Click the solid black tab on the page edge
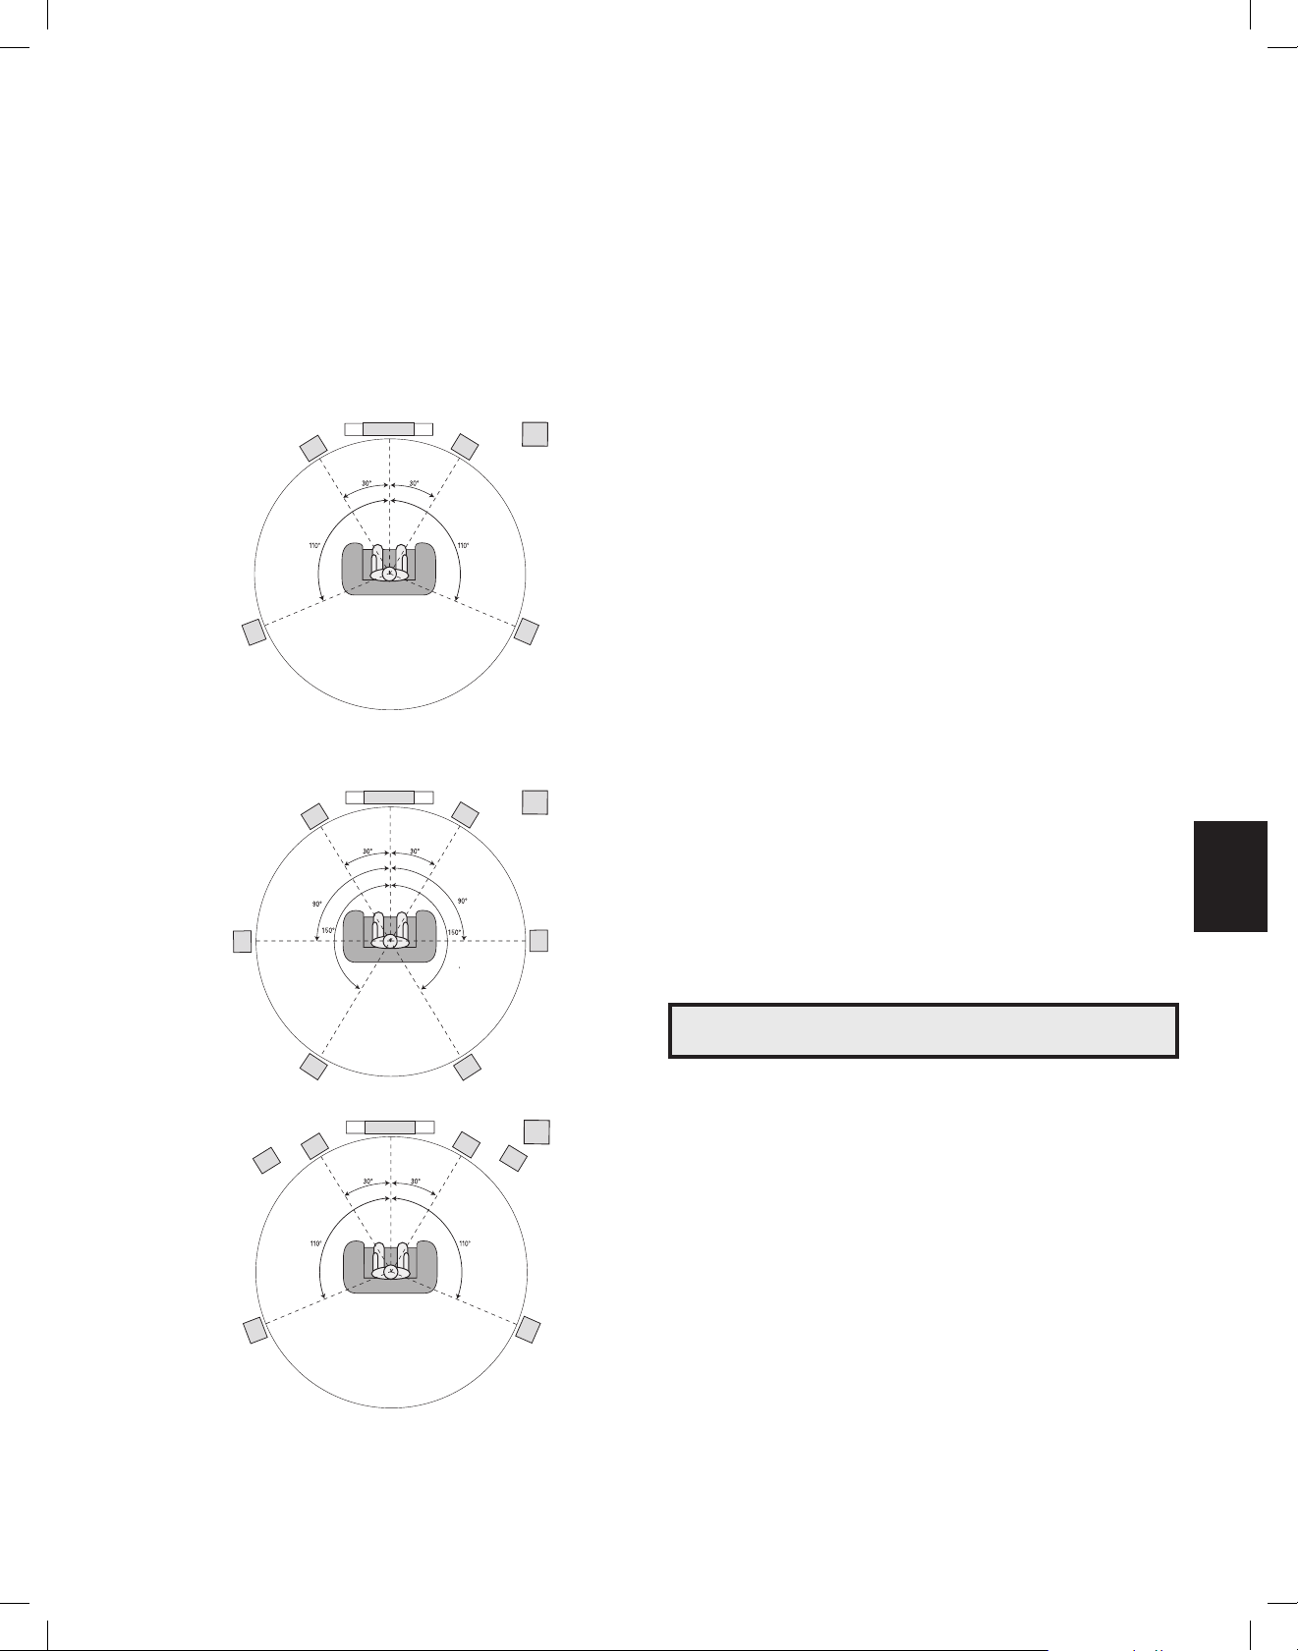tap(1230, 876)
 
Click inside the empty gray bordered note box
tap(923, 1030)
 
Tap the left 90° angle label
tap(317, 904)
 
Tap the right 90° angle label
tap(463, 901)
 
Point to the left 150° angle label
tap(329, 931)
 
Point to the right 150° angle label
tap(454, 932)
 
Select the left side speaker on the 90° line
tap(242, 941)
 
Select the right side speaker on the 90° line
tap(538, 940)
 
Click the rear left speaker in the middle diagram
tap(313, 1067)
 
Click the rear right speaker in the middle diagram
tap(468, 1067)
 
